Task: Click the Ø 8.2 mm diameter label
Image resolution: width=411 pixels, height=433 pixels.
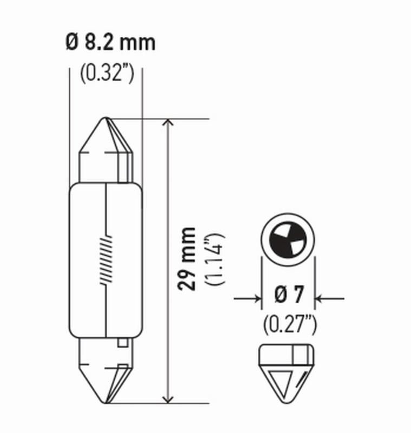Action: click(x=110, y=42)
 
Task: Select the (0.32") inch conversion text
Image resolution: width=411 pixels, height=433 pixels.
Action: click(x=107, y=74)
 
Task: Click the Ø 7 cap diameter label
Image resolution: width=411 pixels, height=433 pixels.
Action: click(x=288, y=297)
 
